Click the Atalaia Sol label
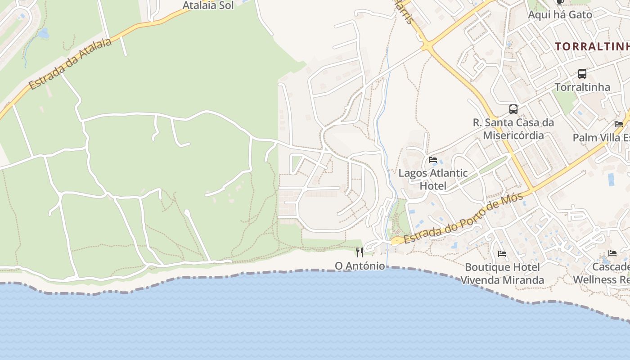pyautogui.click(x=208, y=5)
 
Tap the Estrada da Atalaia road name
pyautogui.click(x=70, y=63)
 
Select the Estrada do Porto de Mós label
pyautogui.click(x=463, y=218)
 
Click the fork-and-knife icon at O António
pyautogui.click(x=359, y=252)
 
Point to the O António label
pyautogui.click(x=360, y=266)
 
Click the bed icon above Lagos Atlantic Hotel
pyautogui.click(x=433, y=160)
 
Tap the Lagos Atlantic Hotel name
pyautogui.click(x=433, y=179)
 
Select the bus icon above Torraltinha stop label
pyautogui.click(x=582, y=74)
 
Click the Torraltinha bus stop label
pyautogui.click(x=582, y=87)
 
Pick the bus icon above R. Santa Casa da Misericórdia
pyautogui.click(x=513, y=109)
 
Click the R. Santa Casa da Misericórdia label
pyautogui.click(x=513, y=129)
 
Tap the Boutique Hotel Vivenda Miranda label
pyautogui.click(x=502, y=274)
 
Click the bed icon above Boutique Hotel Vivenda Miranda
pyautogui.click(x=502, y=254)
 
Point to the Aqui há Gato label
pyautogui.click(x=560, y=14)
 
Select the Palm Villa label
pyautogui.click(x=601, y=137)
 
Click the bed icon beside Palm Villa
pyautogui.click(x=619, y=124)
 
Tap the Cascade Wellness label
pyautogui.click(x=603, y=273)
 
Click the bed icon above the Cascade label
pyautogui.click(x=612, y=253)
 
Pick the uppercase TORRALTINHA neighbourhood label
pyautogui.click(x=592, y=46)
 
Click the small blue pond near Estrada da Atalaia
pyautogui.click(x=43, y=33)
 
